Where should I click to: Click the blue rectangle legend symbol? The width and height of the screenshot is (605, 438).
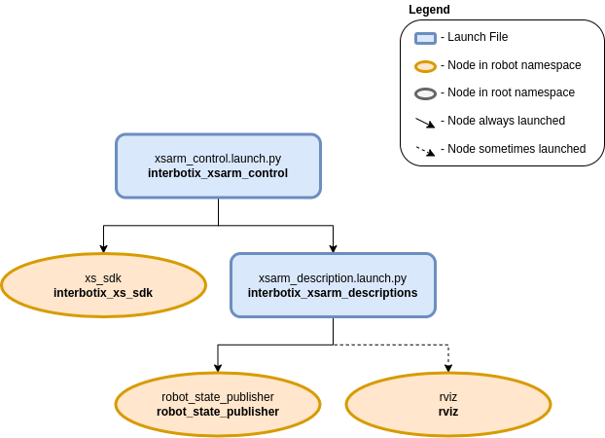pyautogui.click(x=425, y=39)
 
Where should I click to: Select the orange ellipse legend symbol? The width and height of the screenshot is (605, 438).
pyautogui.click(x=425, y=67)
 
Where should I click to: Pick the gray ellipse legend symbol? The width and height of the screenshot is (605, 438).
pyautogui.click(x=425, y=94)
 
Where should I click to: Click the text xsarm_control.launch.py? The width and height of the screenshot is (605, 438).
pyautogui.click(x=218, y=158)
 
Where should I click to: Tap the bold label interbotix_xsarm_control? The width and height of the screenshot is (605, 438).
pyautogui.click(x=218, y=173)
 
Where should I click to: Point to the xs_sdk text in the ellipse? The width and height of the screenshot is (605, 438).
pyautogui.click(x=103, y=277)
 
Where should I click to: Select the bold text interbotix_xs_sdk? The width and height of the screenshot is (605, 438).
pyautogui.click(x=103, y=292)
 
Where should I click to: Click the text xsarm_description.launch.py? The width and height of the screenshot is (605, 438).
pyautogui.click(x=333, y=277)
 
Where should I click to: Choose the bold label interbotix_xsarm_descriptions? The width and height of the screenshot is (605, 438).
pyautogui.click(x=333, y=292)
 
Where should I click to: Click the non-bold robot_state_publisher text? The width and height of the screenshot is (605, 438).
pyautogui.click(x=218, y=397)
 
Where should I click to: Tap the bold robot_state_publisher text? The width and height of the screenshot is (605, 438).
pyautogui.click(x=218, y=412)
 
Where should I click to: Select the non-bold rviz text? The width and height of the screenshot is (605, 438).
pyautogui.click(x=448, y=397)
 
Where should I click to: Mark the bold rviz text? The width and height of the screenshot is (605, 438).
pyautogui.click(x=448, y=412)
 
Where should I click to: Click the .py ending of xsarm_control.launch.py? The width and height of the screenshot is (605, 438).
pyautogui.click(x=273, y=158)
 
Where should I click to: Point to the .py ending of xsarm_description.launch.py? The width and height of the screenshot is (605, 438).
pyautogui.click(x=398, y=277)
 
